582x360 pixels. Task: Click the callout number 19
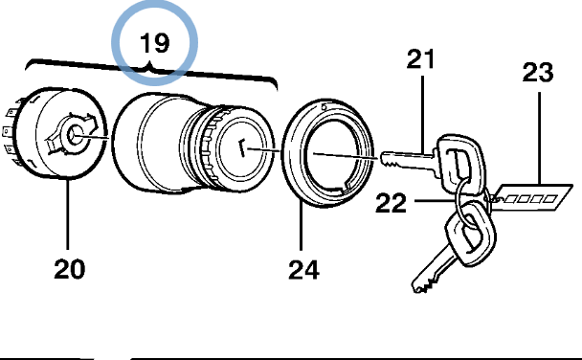coord(155,43)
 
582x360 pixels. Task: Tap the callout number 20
coord(70,269)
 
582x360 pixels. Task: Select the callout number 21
coord(420,59)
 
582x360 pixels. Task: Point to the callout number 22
coord(391,203)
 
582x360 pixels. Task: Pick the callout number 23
coord(538,73)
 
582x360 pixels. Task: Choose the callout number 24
coord(303,270)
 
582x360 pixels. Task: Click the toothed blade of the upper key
coord(407,160)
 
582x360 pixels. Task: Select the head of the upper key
coord(459,164)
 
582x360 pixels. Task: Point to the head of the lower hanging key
coord(471,233)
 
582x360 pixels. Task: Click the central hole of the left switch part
coord(76,135)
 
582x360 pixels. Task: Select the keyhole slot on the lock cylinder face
coord(242,147)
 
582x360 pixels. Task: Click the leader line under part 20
coord(68,214)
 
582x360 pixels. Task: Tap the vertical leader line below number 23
coord(539,138)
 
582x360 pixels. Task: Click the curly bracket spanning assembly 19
coord(151,71)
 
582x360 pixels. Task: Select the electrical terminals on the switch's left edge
coord(11,132)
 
